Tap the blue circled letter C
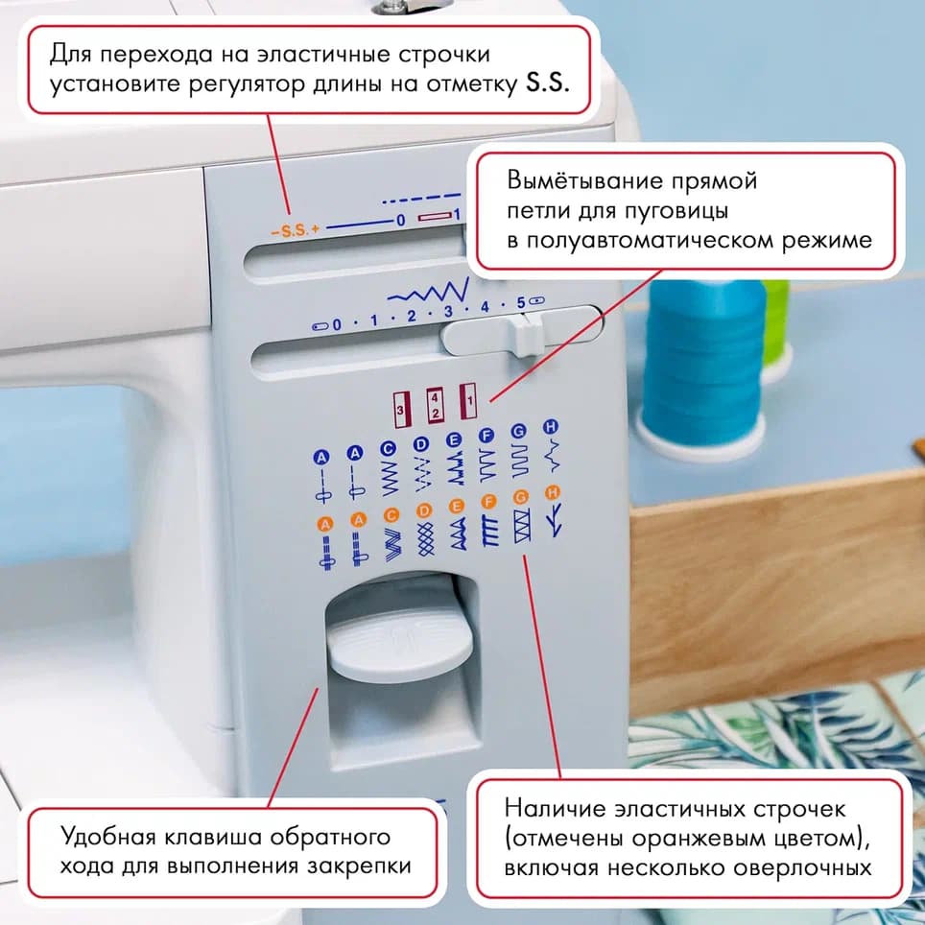pos(389,447)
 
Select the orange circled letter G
pos(521,497)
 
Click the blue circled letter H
pos(551,425)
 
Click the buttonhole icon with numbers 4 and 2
pos(435,403)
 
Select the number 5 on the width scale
pos(520,303)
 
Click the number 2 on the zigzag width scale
pos(410,316)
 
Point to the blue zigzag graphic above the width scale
pos(427,290)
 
